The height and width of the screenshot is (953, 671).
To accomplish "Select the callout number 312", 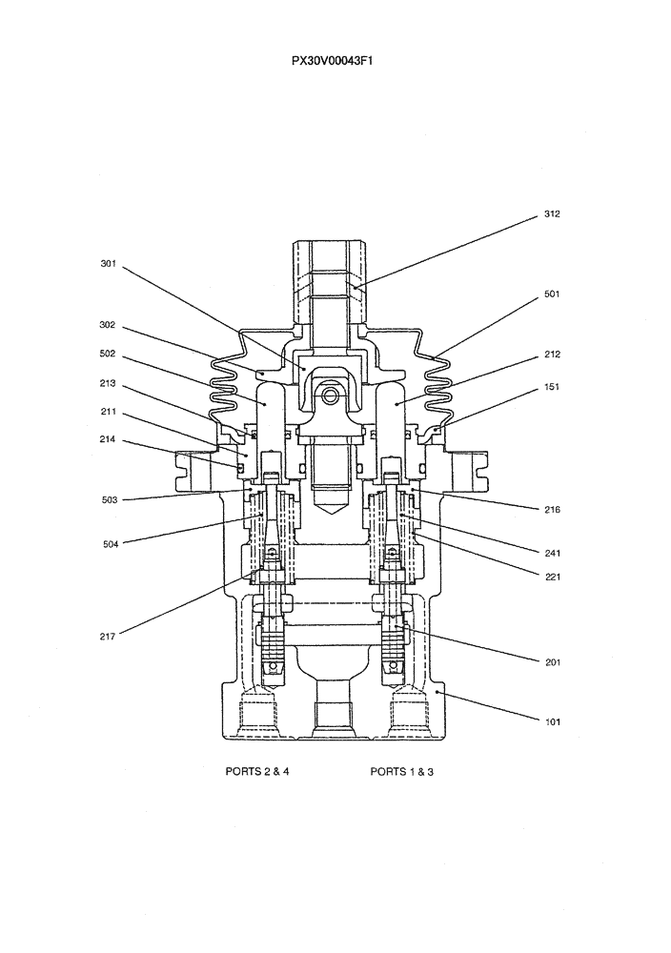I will click(x=552, y=214).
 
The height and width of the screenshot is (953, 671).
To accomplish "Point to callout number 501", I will click(x=552, y=294).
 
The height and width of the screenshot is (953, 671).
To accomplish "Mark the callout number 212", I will click(x=552, y=355).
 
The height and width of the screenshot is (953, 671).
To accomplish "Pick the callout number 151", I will click(x=552, y=387).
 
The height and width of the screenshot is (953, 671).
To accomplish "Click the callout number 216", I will click(x=552, y=510).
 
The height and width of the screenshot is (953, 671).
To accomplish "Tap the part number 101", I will click(x=552, y=721).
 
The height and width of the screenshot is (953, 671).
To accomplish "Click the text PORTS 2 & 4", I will click(x=256, y=772).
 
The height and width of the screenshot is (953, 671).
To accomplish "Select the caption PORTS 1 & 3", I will click(x=401, y=772).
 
